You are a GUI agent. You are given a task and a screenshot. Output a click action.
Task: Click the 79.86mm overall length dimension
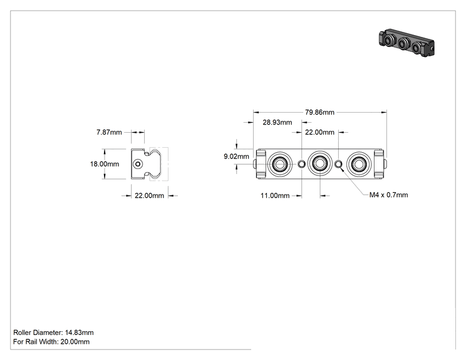tap(319, 112)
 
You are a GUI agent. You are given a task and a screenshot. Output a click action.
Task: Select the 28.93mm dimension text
tap(277, 122)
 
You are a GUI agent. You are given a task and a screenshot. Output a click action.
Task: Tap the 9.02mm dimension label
tap(236, 157)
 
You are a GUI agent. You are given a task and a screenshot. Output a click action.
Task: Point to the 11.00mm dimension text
tap(275, 195)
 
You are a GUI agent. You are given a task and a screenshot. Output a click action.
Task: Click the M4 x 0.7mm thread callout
tap(388, 195)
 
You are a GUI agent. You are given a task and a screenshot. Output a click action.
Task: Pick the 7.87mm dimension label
tap(109, 132)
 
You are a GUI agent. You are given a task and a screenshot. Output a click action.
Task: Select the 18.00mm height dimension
tap(105, 164)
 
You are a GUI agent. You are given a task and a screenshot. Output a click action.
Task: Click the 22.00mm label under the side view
tap(149, 195)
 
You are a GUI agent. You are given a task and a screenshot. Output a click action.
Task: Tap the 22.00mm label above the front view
tap(319, 132)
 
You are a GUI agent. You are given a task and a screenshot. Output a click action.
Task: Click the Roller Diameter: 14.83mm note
tap(53, 332)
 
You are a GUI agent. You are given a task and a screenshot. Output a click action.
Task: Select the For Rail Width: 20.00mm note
tap(51, 342)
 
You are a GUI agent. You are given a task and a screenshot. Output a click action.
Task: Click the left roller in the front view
tap(279, 163)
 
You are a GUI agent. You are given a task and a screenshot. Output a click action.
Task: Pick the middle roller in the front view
tap(320, 163)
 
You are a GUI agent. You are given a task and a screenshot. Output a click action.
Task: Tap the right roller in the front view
tap(359, 163)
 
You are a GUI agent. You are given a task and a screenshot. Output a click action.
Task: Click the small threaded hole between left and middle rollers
tap(302, 163)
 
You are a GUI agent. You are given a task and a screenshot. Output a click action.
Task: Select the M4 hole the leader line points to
tap(338, 163)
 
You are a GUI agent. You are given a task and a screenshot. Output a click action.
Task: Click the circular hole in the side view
tap(138, 164)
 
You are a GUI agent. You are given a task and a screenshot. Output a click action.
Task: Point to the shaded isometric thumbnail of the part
tap(406, 43)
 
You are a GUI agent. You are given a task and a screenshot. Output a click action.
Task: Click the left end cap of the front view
tap(261, 163)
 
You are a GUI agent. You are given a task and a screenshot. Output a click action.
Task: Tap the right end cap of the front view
tap(380, 163)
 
